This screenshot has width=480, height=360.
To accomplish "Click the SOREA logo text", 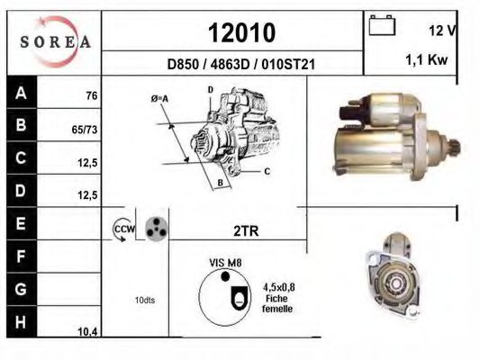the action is click(56, 41).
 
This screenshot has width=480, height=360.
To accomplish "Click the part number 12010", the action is click(242, 32).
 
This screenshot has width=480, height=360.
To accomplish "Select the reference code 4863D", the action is click(230, 65).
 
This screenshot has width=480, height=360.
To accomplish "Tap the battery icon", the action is click(382, 25).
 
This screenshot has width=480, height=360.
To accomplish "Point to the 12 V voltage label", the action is click(442, 31).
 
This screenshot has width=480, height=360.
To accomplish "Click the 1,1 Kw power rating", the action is click(427, 59).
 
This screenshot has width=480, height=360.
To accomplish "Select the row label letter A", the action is click(21, 93).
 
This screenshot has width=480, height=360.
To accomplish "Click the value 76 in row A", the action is click(92, 95).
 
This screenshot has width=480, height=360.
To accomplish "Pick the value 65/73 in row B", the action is click(84, 130).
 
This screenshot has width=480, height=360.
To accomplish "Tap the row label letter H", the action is click(21, 322).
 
